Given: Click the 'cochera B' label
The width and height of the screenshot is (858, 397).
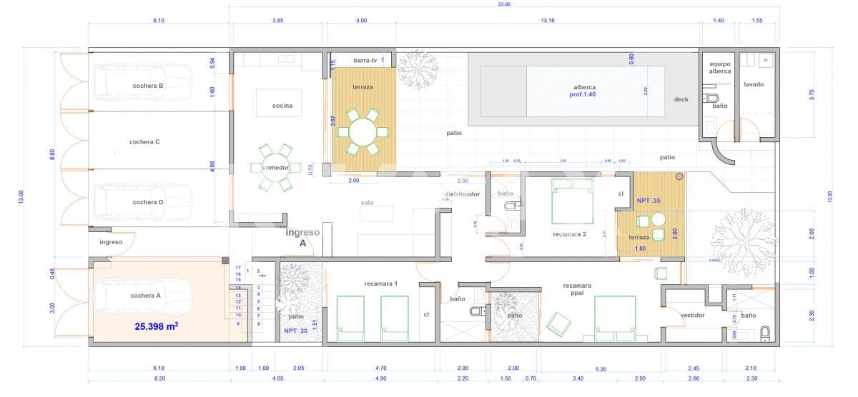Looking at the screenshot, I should (148, 86).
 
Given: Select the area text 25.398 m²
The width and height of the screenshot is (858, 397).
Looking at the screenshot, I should (156, 327).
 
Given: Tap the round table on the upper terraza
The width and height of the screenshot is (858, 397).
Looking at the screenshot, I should (363, 131).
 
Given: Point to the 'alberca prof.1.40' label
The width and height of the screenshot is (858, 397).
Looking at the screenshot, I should (584, 91).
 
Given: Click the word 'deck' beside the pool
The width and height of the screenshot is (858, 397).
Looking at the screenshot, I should (681, 99).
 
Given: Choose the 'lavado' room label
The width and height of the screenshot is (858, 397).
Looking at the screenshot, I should (754, 84).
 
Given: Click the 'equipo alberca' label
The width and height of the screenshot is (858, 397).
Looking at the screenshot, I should (720, 68).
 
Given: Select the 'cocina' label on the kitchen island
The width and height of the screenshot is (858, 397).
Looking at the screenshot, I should (282, 106).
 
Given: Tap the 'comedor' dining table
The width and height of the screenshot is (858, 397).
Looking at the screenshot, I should (275, 167).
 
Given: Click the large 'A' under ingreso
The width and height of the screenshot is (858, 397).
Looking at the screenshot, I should (302, 243).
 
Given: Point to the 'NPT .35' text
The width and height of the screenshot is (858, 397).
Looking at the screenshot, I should (649, 201).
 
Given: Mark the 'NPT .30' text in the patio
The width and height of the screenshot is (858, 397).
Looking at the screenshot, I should (296, 331).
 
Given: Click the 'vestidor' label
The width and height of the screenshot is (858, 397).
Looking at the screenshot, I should (692, 315).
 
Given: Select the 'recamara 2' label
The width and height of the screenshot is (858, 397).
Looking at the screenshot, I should (569, 233).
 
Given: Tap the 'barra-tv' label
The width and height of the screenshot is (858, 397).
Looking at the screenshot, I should (365, 61).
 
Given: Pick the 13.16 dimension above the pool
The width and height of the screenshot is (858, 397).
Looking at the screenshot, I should (548, 21).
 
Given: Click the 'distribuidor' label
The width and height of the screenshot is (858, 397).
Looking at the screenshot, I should (462, 194).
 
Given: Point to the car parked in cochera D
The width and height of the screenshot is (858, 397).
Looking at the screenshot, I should (143, 202).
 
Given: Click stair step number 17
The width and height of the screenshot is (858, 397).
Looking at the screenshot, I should (237, 268).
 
